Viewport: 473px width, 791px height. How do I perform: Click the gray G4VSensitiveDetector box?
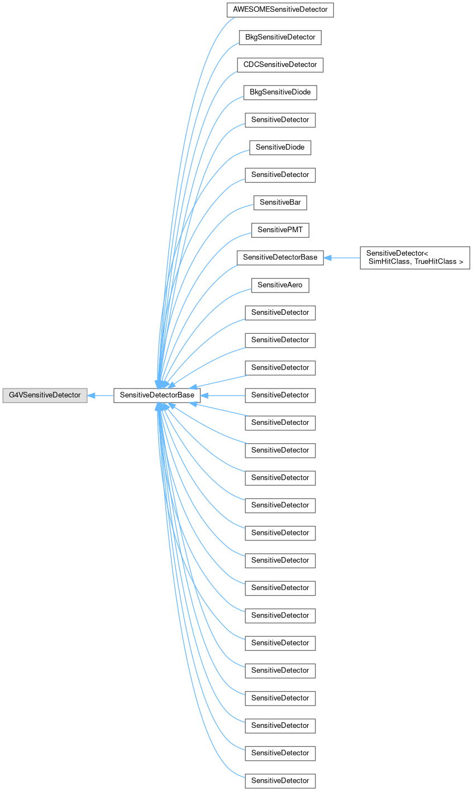45,395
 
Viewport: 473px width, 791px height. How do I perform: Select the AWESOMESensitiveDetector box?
280,10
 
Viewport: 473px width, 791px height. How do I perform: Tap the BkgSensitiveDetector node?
280,37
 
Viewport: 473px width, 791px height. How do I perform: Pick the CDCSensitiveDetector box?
280,65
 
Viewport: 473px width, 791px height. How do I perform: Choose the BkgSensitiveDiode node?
280,92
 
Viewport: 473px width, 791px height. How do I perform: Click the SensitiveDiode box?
280,147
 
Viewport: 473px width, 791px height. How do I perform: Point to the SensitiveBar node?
280,202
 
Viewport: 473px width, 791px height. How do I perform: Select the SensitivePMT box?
280,230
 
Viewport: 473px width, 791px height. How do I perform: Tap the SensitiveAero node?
280,285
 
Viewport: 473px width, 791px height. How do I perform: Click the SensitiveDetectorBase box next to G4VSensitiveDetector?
157,395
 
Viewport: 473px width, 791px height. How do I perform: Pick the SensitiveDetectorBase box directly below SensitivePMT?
280,257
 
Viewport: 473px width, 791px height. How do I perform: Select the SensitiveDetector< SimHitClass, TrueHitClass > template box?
414,257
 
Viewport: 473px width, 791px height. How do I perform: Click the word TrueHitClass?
438,262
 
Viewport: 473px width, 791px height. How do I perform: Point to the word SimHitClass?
389,262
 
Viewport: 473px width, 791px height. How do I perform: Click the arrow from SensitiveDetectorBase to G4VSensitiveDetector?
101,395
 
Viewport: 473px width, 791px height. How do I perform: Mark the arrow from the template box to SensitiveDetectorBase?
342,257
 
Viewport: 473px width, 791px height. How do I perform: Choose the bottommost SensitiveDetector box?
280,780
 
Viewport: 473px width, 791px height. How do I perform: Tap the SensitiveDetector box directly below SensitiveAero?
280,313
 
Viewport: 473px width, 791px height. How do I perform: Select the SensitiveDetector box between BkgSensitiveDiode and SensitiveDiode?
280,119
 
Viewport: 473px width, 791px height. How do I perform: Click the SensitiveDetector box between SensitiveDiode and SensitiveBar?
280,175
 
